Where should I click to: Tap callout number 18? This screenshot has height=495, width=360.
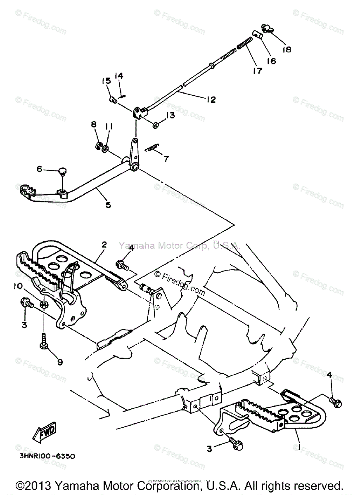(x=286, y=49)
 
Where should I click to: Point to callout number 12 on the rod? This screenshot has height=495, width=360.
(x=211, y=99)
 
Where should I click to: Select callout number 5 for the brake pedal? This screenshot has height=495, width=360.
(x=108, y=204)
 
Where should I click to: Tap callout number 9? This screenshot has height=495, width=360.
(x=60, y=362)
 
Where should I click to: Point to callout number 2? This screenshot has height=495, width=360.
(x=104, y=245)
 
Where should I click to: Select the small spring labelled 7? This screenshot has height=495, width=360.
(x=153, y=147)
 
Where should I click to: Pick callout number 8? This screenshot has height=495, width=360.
(x=94, y=124)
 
